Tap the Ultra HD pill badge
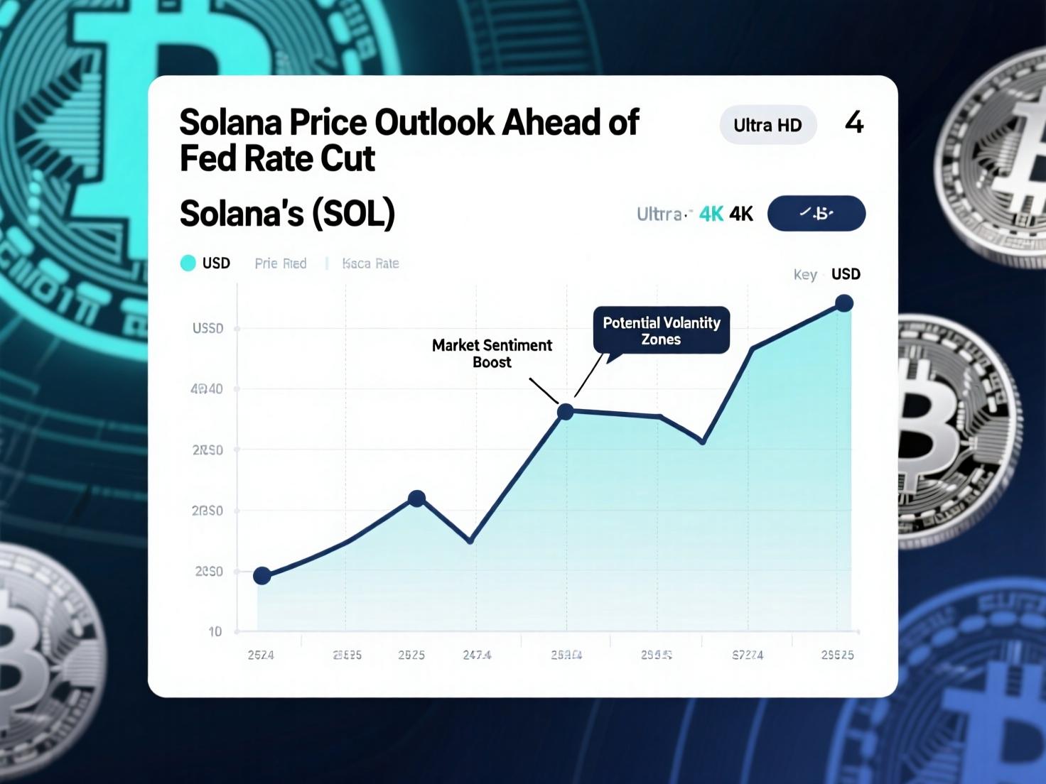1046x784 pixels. tap(767, 125)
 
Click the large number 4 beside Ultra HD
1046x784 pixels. tap(854, 123)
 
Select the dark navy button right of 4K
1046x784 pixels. tap(816, 213)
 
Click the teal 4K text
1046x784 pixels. tap(711, 214)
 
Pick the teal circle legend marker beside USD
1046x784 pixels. tap(188, 263)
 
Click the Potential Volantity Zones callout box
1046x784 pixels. tap(662, 331)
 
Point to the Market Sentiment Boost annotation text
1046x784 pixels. tap(492, 354)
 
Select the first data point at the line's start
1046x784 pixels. tap(262, 576)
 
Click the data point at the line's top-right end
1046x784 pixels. tap(844, 304)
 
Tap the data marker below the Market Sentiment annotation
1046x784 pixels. tap(565, 412)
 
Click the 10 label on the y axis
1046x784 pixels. tap(215, 631)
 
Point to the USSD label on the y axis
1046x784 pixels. tap(207, 329)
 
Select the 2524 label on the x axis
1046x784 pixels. tap(261, 655)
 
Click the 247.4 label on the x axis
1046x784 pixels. tap(477, 655)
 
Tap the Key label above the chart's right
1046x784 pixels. tap(805, 275)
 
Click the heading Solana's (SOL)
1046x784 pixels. tap(287, 214)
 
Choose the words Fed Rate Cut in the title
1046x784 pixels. tap(277, 158)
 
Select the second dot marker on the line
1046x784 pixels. tap(417, 499)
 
